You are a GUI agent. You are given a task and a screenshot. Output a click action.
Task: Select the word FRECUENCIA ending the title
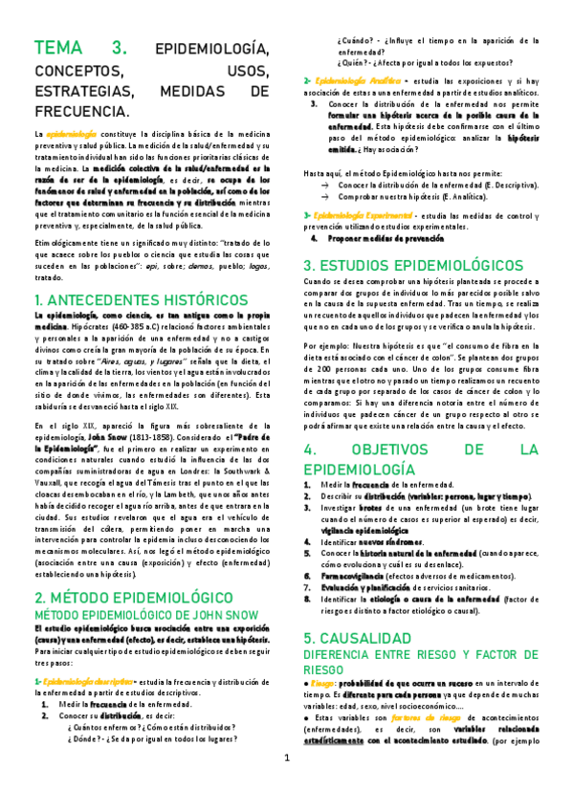pos(81,113)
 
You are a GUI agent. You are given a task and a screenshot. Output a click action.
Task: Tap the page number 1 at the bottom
pos(286,786)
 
